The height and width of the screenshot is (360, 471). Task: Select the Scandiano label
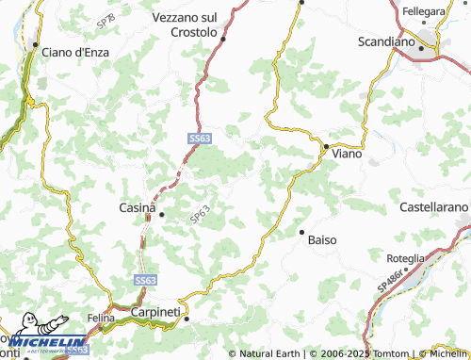coord(386,41)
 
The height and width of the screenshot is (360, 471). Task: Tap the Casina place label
coord(137,207)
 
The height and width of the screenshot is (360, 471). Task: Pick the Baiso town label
coord(322,239)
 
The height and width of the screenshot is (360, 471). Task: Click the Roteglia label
coord(405,257)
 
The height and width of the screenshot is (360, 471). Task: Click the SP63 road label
coord(198,216)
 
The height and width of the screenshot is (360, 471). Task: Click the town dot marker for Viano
coord(325,147)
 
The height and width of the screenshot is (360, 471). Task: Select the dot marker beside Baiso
coord(301,231)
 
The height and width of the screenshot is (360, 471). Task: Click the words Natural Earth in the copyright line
coord(270,353)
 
